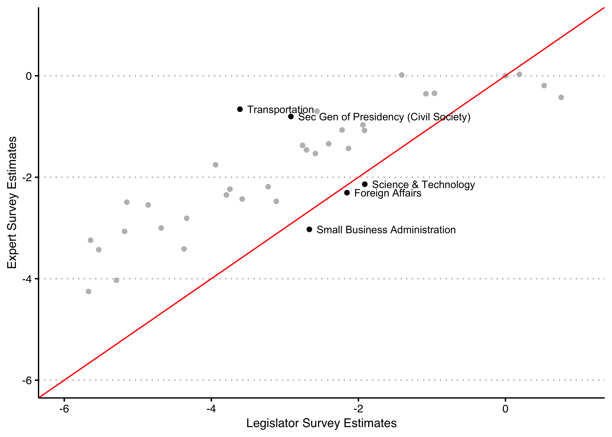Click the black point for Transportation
(240, 109)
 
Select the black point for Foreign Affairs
(347, 193)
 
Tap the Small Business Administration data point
(309, 229)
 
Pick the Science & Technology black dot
(365, 184)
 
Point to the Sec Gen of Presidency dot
(291, 117)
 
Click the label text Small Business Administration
(386, 230)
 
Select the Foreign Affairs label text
(388, 193)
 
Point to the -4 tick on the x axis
(211, 409)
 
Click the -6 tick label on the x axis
(64, 409)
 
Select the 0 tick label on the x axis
(505, 409)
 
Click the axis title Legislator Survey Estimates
(321, 423)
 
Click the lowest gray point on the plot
(89, 291)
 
